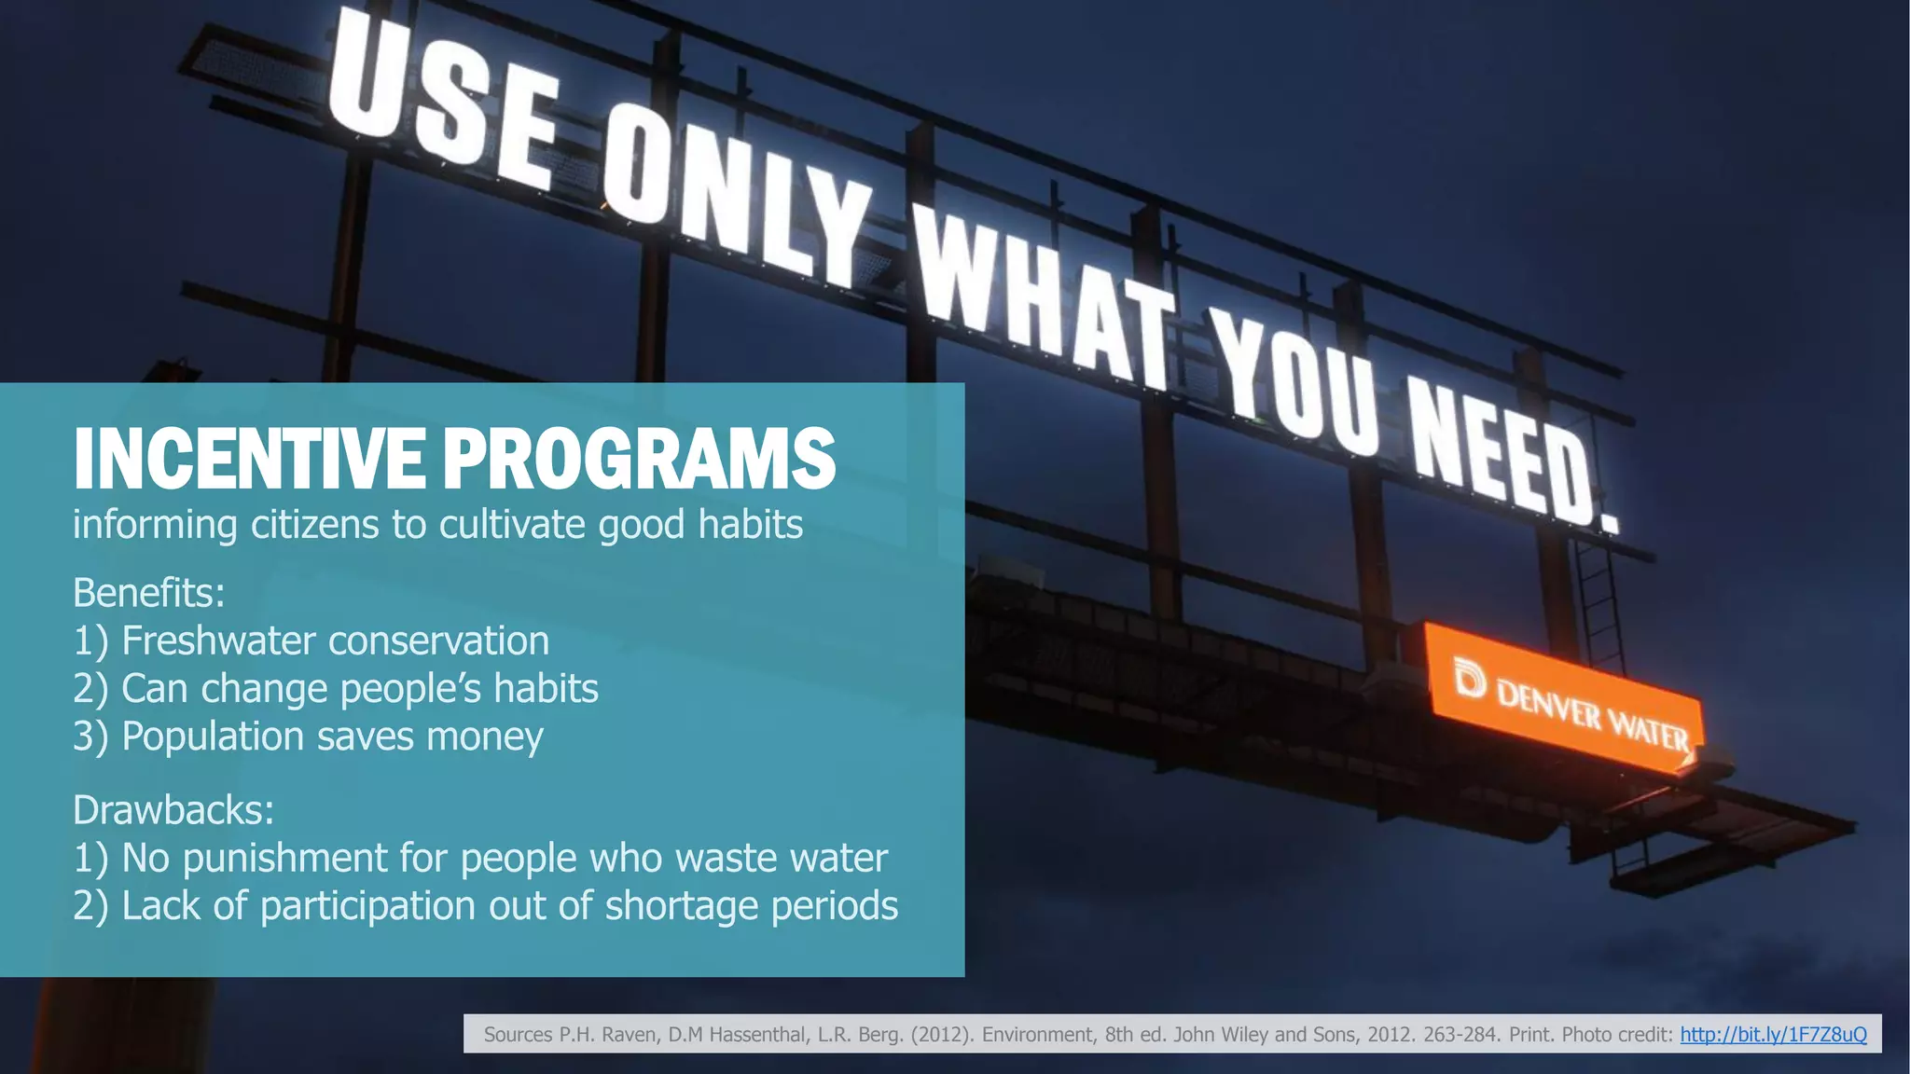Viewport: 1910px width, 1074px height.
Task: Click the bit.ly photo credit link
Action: [x=1773, y=1034]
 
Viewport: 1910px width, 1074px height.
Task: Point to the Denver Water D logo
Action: [x=1470, y=679]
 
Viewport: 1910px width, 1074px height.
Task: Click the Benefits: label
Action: [x=149, y=593]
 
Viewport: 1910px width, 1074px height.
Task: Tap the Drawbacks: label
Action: [x=173, y=810]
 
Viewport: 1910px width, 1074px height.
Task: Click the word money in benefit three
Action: [x=484, y=737]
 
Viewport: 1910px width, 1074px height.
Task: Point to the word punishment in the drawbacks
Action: [x=284, y=859]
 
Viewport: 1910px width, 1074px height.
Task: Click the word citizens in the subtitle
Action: [x=315, y=524]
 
